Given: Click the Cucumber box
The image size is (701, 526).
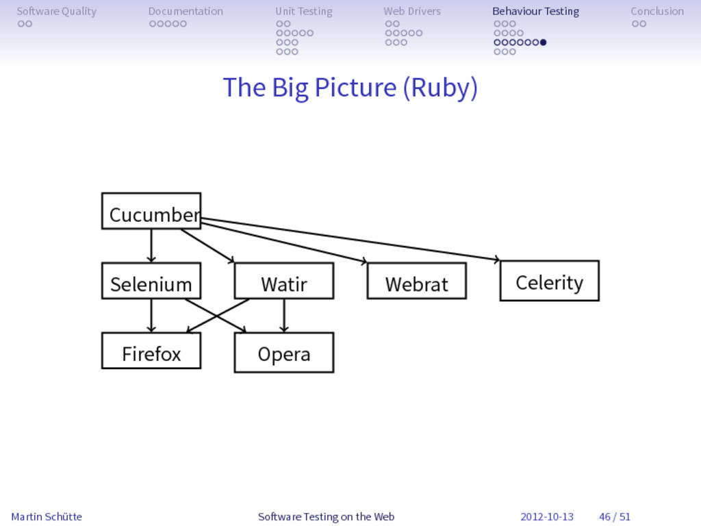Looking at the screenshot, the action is (x=151, y=211).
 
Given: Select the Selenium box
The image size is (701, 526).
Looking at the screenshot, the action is (x=151, y=281).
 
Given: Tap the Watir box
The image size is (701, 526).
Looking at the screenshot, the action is (x=284, y=281).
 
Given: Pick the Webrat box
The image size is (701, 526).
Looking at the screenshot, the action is (x=417, y=281).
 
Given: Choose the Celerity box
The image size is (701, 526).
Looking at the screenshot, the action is (x=550, y=281).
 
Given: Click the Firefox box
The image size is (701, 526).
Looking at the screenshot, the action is (x=151, y=351).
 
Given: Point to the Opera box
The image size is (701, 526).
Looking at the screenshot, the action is (x=284, y=353).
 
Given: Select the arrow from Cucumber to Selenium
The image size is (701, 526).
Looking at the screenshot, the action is (x=151, y=246).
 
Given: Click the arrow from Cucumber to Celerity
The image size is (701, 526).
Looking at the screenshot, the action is (x=350, y=239).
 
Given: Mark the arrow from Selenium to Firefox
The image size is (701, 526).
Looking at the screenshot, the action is (x=151, y=316).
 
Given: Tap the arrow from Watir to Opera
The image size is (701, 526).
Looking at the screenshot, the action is (x=284, y=316).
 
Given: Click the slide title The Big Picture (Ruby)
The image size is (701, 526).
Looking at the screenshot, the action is (x=350, y=88).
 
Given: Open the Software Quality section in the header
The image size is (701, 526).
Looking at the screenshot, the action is (x=56, y=11).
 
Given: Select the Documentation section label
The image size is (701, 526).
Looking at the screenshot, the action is (x=186, y=11).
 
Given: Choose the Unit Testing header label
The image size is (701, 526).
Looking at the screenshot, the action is (x=304, y=11).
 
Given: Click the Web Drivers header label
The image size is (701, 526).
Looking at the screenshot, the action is (x=412, y=11).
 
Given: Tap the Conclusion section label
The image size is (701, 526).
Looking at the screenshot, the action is (x=657, y=11).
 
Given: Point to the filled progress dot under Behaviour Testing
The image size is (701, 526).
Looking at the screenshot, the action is (x=543, y=42).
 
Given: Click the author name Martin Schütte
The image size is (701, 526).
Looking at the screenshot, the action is (x=47, y=516).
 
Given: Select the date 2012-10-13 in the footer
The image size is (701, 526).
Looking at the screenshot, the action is (x=547, y=516).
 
